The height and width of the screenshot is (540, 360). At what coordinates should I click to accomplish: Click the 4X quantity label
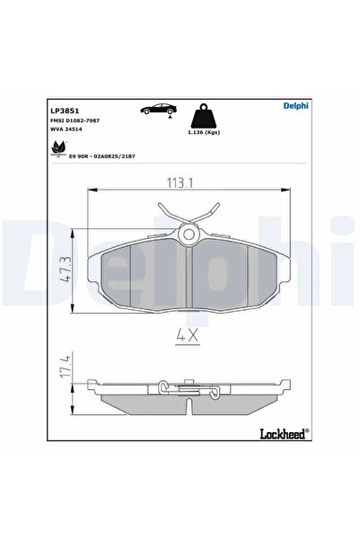(189, 339)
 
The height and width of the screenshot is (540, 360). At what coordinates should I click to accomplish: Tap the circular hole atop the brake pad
(189, 235)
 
